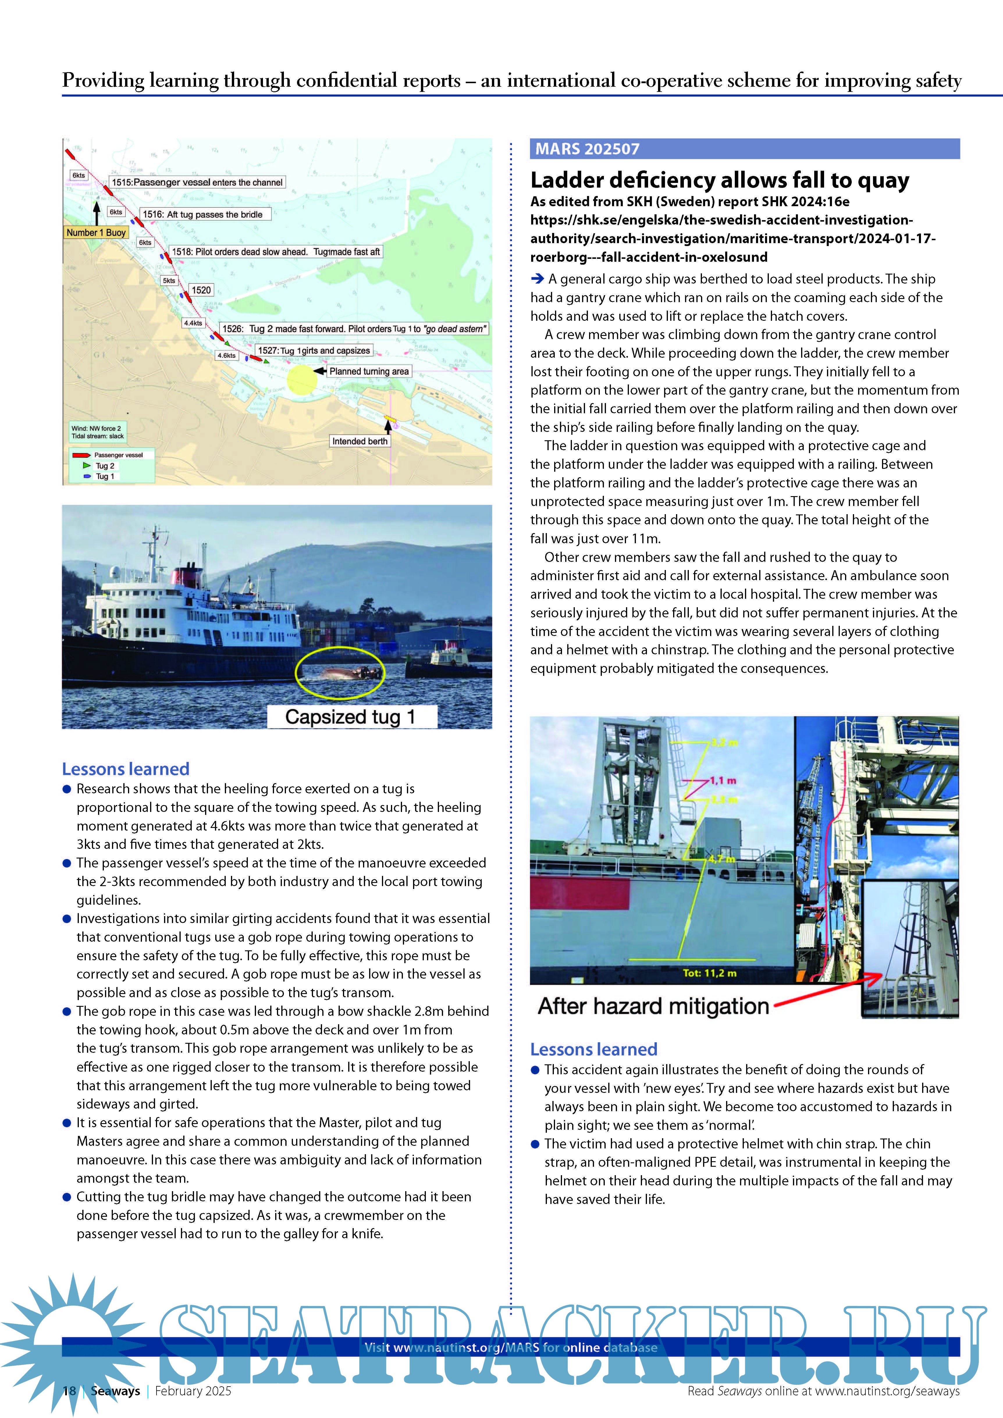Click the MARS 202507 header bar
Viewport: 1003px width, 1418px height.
[x=744, y=149]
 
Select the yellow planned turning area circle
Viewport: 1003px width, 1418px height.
[x=302, y=379]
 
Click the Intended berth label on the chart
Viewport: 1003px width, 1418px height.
[x=360, y=441]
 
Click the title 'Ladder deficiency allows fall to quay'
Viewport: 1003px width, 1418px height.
[x=719, y=180]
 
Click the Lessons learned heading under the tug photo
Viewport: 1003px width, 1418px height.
[x=125, y=769]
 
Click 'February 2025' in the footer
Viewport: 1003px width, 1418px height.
[x=193, y=1391]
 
